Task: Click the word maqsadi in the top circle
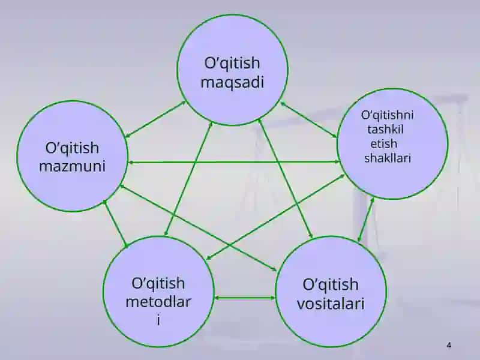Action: click(232, 83)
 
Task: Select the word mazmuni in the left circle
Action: click(72, 166)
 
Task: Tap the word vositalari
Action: click(331, 304)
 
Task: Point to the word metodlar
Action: click(158, 302)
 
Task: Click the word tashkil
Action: click(385, 129)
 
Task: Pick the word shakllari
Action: click(387, 158)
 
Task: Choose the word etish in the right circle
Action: click(384, 143)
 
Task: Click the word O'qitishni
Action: click(387, 115)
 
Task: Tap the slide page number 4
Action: click(449, 346)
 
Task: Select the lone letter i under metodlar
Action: click(158, 320)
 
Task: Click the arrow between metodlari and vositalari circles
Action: click(245, 297)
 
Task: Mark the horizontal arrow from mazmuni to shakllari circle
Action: click(234, 162)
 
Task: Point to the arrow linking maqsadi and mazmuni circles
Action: click(155, 119)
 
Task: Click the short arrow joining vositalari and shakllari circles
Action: click(366, 220)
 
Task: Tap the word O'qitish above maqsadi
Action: click(232, 64)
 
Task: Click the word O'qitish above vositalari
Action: click(331, 284)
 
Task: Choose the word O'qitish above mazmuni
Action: click(72, 148)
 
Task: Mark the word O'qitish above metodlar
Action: click(158, 283)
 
